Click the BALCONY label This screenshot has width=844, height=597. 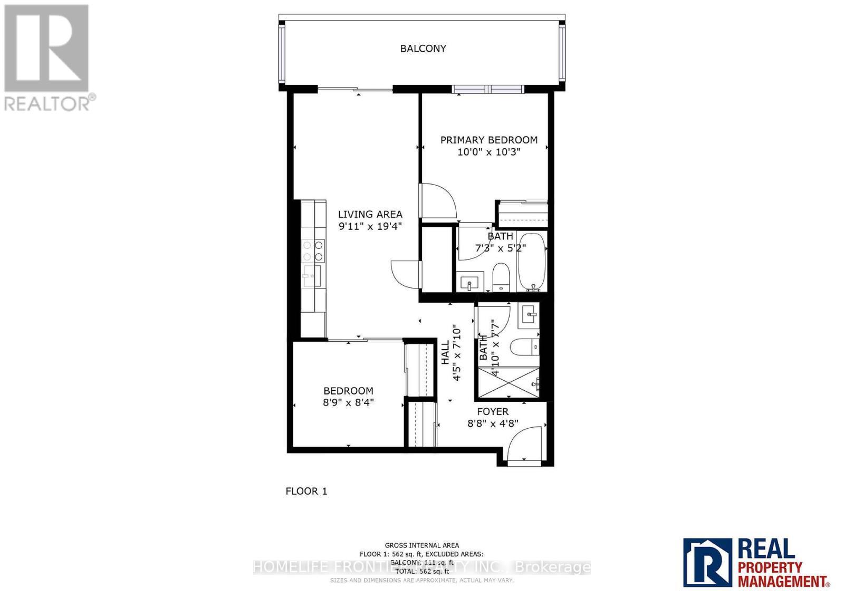coord(423,49)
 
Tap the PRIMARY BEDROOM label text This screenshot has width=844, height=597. coord(488,140)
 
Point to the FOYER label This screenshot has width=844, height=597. coord(493,411)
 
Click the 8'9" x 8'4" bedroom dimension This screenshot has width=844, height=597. coord(348,402)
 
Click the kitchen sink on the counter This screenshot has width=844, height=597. coord(311,276)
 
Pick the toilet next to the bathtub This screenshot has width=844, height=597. coord(500,277)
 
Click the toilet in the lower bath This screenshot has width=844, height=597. coord(524,346)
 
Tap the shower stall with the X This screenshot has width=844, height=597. coord(508,382)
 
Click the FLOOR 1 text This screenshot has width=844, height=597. coord(306,491)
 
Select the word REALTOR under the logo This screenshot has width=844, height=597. coord(47,103)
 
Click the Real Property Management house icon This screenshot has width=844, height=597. coord(708,562)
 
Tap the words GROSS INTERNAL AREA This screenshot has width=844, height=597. coord(421,545)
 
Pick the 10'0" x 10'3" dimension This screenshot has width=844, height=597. coord(488,152)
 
